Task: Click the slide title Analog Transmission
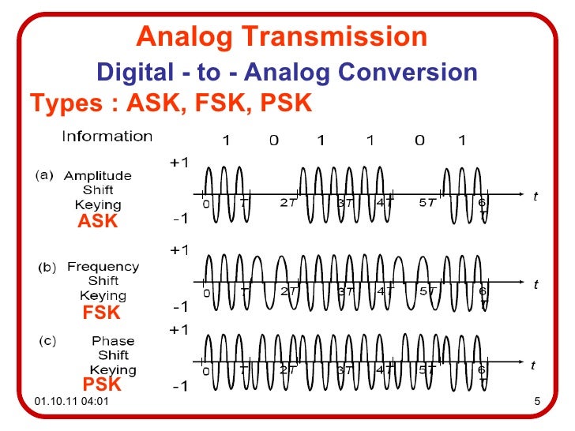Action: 282,36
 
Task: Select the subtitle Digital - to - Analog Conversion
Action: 287,73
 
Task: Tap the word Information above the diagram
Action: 107,137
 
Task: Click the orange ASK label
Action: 97,222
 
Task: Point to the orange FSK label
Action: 101,313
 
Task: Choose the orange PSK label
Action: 102,385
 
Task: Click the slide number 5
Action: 536,405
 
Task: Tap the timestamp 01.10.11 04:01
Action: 71,405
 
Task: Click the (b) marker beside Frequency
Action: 47,268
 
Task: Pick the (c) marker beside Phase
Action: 47,341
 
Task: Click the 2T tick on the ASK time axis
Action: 288,202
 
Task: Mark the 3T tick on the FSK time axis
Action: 345,291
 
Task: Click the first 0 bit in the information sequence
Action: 273,141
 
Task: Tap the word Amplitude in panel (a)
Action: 98,175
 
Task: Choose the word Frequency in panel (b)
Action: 103,267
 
